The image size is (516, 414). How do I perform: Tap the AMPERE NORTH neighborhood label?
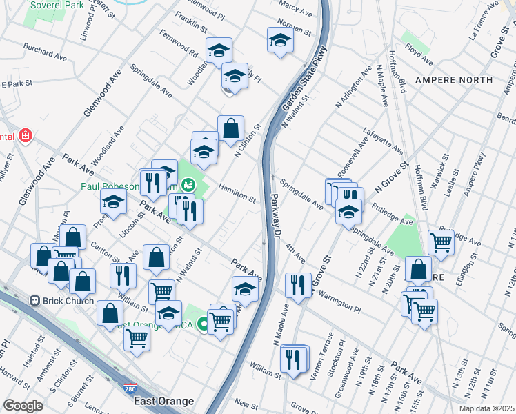click(454, 80)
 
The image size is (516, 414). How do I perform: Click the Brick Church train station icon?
click(34, 301)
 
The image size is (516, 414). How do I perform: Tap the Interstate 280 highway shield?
click(129, 388)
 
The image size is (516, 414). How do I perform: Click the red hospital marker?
click(26, 135)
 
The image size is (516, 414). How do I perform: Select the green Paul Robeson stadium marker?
click(187, 185)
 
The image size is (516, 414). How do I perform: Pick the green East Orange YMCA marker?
click(204, 323)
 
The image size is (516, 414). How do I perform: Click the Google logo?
click(23, 405)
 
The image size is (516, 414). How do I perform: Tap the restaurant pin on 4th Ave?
click(297, 284)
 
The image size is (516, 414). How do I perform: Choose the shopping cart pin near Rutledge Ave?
click(441, 241)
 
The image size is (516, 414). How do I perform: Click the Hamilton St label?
click(237, 193)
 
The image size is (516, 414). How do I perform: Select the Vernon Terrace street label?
click(321, 351)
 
